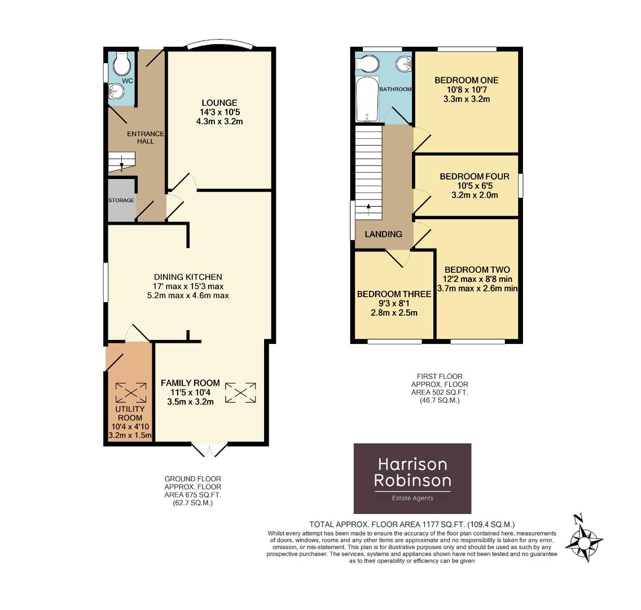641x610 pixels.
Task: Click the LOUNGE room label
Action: (x=219, y=103)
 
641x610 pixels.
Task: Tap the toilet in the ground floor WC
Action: (x=121, y=65)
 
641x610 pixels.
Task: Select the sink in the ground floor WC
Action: (x=115, y=91)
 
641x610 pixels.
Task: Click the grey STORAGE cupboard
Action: (x=121, y=200)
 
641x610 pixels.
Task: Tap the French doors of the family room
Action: (x=209, y=450)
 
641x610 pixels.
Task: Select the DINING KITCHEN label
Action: (x=188, y=277)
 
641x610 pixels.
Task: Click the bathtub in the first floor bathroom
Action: (x=367, y=100)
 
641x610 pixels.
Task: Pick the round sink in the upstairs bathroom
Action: (x=404, y=64)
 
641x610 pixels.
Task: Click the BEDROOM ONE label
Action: (x=466, y=80)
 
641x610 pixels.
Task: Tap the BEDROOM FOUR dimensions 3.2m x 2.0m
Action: (x=466, y=195)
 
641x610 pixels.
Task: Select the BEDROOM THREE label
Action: (x=394, y=294)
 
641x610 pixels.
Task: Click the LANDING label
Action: (x=383, y=234)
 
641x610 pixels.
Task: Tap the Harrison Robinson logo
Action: (x=412, y=478)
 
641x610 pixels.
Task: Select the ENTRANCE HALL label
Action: (x=145, y=137)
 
